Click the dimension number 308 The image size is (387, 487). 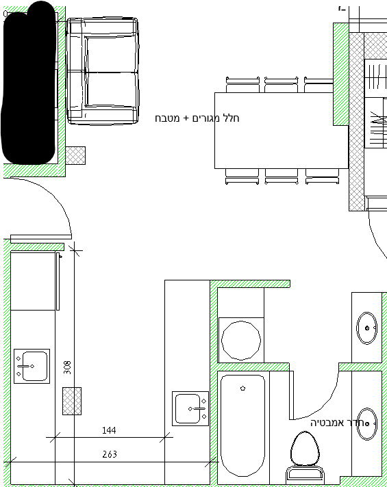(67, 367)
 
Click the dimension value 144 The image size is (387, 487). (109, 430)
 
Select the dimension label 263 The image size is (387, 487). (110, 454)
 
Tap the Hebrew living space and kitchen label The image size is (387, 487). (197, 118)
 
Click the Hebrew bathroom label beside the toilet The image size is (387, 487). (337, 423)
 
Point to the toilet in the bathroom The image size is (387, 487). (305, 457)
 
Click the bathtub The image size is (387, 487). (243, 425)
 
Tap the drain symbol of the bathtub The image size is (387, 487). (243, 389)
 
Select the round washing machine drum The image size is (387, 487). (241, 340)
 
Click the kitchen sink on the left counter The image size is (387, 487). (32, 366)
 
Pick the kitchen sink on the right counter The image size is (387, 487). (190, 408)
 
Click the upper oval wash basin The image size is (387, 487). (366, 328)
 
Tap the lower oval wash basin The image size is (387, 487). (366, 423)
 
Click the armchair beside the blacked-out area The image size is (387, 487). (103, 71)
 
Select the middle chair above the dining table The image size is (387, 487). (282, 85)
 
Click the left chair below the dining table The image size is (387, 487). (242, 176)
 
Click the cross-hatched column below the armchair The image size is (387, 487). (75, 155)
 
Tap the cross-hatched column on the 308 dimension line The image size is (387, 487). (72, 401)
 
